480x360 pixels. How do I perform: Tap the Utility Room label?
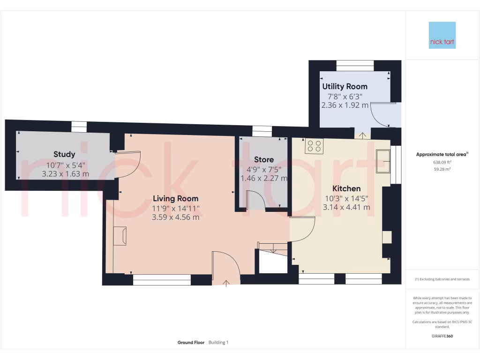pos(345,87)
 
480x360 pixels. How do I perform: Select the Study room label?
pos(64,154)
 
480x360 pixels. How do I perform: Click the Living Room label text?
pos(175,199)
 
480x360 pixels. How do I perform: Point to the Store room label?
pos(264,160)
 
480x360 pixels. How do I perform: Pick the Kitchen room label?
pos(346,188)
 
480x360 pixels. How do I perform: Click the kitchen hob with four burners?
pos(314,147)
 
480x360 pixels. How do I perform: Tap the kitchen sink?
pos(383,161)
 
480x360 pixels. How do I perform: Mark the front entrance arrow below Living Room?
pos(227,283)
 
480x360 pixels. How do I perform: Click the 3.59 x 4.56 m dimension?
pos(175,217)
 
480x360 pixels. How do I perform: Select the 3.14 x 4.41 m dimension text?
pos(346,207)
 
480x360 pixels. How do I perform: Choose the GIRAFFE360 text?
pos(442,336)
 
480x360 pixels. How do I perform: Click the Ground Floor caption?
pos(191,343)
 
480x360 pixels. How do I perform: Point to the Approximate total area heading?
pos(442,154)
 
